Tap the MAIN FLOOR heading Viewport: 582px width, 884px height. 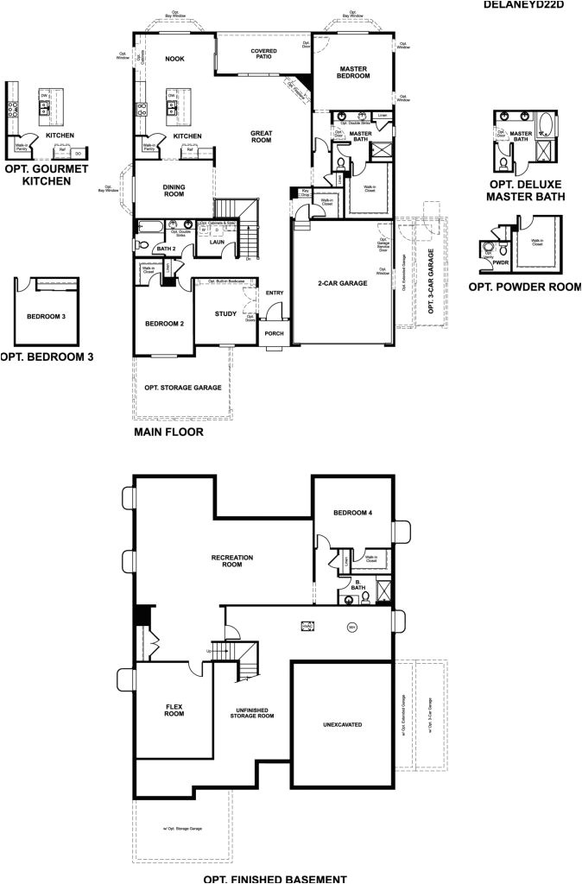[x=168, y=432]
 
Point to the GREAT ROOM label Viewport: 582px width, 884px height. [x=261, y=137]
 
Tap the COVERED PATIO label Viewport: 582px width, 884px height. [x=264, y=54]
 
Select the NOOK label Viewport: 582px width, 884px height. [x=175, y=59]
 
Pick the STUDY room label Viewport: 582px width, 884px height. [x=225, y=313]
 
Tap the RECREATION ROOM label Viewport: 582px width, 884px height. [x=232, y=561]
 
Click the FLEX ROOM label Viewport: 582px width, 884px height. [x=174, y=710]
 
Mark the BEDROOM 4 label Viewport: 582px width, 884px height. [x=353, y=513]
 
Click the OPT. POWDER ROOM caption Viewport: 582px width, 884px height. [x=524, y=287]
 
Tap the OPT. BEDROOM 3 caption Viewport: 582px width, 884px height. [x=47, y=356]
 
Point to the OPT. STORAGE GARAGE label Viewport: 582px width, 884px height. [x=183, y=388]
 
